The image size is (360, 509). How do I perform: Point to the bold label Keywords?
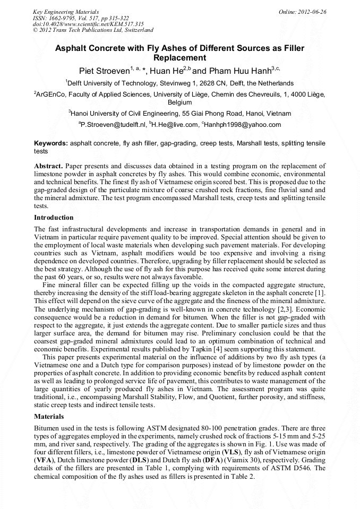click(x=51, y=143)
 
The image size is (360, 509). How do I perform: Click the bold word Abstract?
click(x=48, y=166)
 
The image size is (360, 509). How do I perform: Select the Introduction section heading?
click(x=54, y=218)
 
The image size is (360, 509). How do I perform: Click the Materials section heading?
click(x=49, y=417)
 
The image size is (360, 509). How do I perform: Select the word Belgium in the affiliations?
click(x=180, y=102)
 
